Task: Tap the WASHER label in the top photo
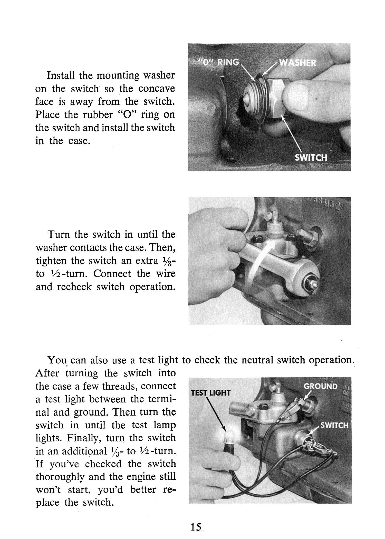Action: point(297,63)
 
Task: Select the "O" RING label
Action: point(219,62)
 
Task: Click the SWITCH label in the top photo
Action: point(311,157)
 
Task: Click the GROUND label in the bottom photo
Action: point(321,386)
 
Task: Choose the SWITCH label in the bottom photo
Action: point(334,425)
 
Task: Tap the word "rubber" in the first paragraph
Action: point(98,115)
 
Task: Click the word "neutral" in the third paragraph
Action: point(258,360)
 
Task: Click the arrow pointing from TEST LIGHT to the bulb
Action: point(216,416)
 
